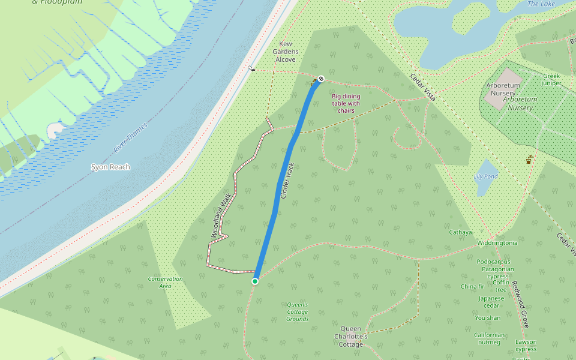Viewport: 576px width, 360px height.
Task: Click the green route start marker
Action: [x=255, y=281]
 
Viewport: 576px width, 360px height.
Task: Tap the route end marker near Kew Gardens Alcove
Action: [x=322, y=79]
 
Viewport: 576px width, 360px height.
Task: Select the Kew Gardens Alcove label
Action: [x=286, y=52]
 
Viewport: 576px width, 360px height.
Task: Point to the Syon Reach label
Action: [x=110, y=167]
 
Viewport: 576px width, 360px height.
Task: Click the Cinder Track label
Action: [x=289, y=181]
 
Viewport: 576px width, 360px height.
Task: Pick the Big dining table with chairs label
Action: [x=346, y=103]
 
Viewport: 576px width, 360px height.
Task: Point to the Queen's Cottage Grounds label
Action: [x=297, y=312]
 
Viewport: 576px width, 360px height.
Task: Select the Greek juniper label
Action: [x=551, y=79]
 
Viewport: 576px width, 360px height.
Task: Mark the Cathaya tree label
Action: [x=461, y=232]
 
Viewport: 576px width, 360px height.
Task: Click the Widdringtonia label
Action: [x=497, y=243]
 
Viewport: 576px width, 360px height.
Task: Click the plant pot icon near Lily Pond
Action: [x=529, y=160]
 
